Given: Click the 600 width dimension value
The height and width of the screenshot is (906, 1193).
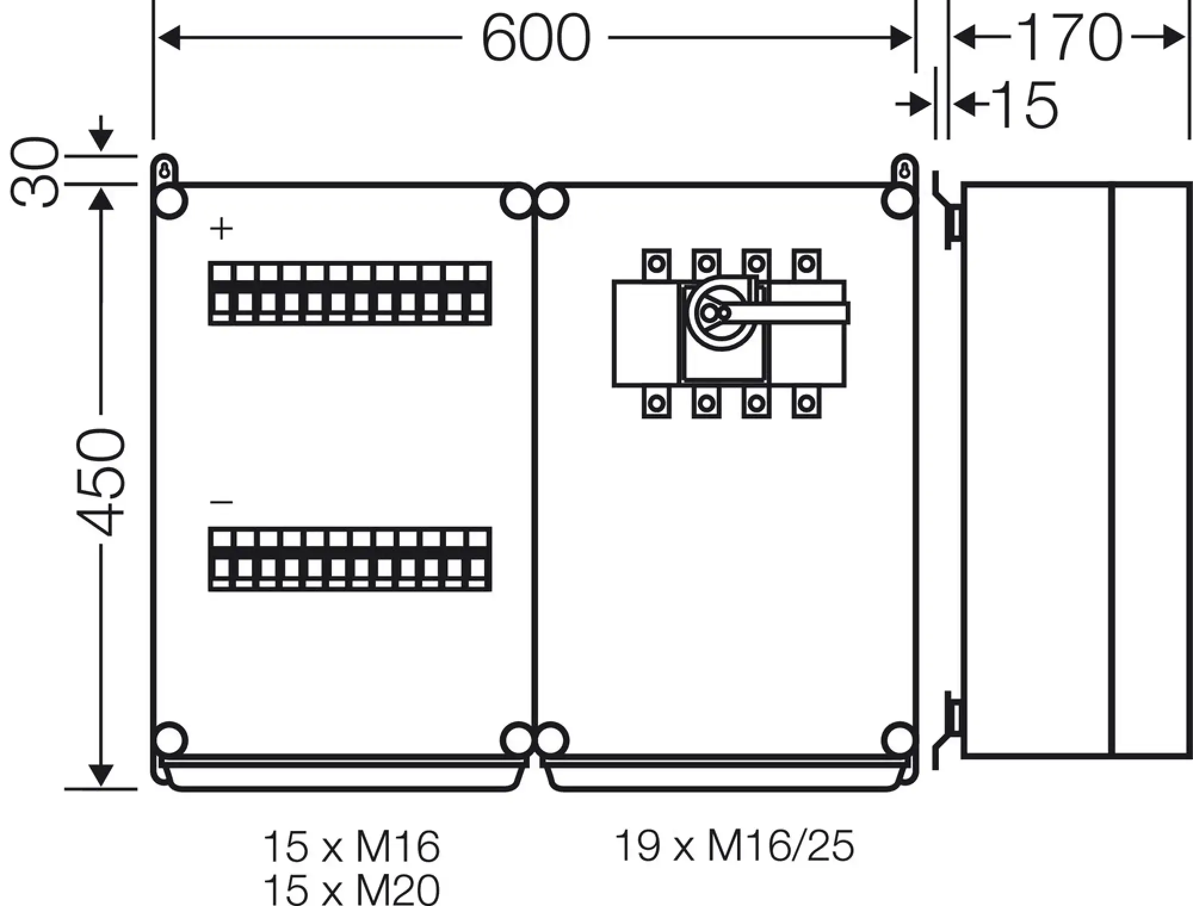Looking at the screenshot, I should pyautogui.click(x=535, y=39).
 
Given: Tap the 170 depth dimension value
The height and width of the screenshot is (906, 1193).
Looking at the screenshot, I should pyautogui.click(x=1068, y=38).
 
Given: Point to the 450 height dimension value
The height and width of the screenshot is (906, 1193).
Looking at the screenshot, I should pyautogui.click(x=103, y=482).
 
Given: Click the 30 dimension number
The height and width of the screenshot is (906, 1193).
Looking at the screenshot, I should pyautogui.click(x=36, y=172).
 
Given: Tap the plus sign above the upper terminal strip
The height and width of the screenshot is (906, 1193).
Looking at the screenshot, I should pyautogui.click(x=222, y=229).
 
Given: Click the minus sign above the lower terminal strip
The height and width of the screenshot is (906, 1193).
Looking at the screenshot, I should pyautogui.click(x=222, y=502).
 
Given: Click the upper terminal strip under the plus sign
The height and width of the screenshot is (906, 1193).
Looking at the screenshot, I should pyautogui.click(x=350, y=293).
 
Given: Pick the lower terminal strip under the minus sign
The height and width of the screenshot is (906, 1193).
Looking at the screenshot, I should pyautogui.click(x=350, y=559).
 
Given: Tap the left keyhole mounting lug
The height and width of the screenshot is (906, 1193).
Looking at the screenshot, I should pyautogui.click(x=165, y=170).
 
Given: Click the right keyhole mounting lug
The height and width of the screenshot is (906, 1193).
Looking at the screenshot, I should pyautogui.click(x=905, y=170).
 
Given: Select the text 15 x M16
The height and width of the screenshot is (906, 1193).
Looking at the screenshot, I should pyautogui.click(x=351, y=846).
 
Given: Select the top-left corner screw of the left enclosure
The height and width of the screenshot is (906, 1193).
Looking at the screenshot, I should pyautogui.click(x=170, y=202).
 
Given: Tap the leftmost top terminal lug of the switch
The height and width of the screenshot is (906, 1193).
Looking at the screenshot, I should pyautogui.click(x=656, y=263).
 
